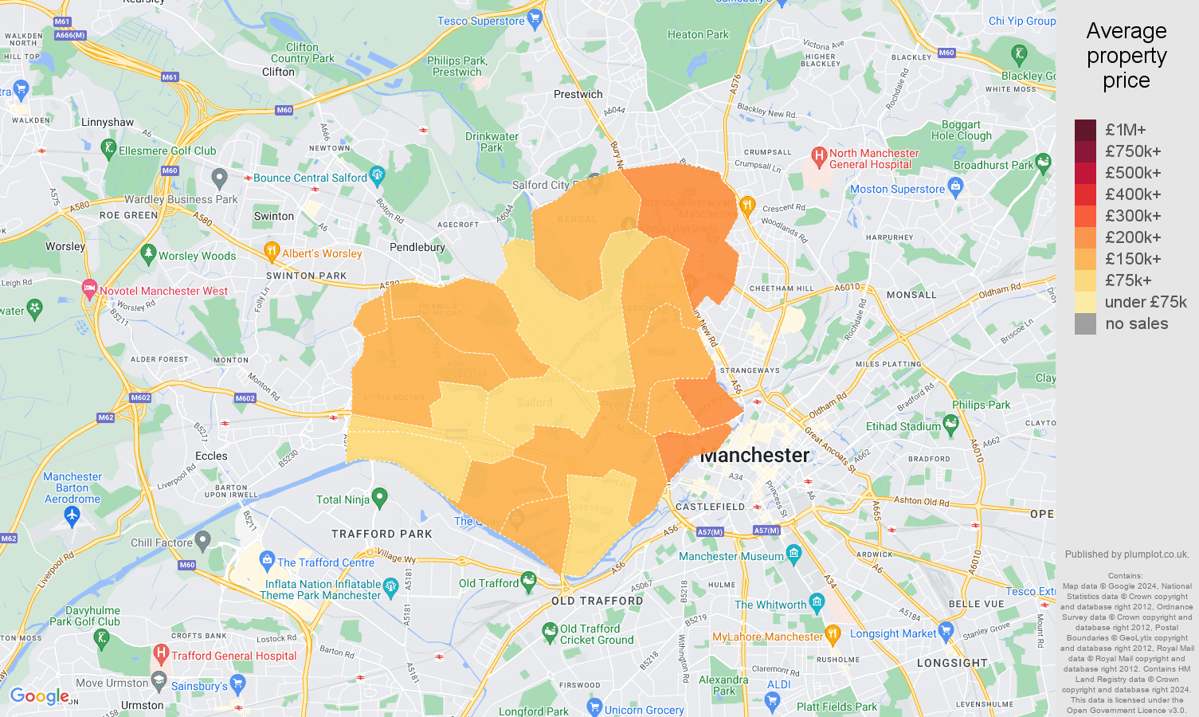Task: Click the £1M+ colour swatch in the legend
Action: [1085, 130]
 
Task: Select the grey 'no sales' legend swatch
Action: [1085, 323]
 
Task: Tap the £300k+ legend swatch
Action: [1085, 216]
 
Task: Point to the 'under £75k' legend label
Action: [1146, 302]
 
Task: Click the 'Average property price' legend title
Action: [1126, 56]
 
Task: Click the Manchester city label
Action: [754, 455]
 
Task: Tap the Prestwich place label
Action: [578, 94]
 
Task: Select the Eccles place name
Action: [211, 456]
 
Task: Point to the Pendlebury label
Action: [417, 247]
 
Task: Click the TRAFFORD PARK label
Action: [382, 534]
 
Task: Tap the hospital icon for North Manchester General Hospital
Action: [818, 155]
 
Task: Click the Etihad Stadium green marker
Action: [950, 424]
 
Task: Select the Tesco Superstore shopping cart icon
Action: [535, 18]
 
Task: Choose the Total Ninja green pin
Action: [380, 498]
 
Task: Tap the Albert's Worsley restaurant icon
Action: [272, 251]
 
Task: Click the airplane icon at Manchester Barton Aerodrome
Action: [72, 515]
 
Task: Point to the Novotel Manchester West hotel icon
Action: [89, 288]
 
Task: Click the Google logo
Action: [39, 696]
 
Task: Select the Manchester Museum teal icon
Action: [793, 553]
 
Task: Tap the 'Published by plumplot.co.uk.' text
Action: [1127, 554]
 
